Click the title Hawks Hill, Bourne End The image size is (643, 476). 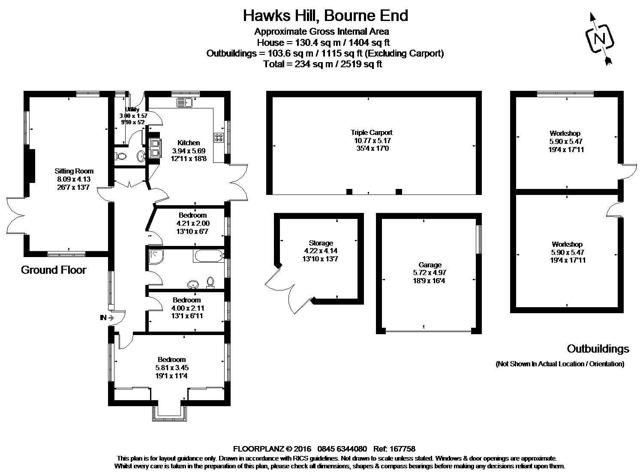point(325,15)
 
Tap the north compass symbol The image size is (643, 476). point(599,39)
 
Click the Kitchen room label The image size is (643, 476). point(189,143)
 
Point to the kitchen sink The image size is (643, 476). point(186,102)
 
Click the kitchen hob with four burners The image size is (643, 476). point(219,138)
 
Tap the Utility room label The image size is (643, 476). point(132,110)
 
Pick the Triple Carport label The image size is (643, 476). point(371,133)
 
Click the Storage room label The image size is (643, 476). point(321,243)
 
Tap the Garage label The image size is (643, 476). point(430,265)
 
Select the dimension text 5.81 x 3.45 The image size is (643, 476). point(172,368)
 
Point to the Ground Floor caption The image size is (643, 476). point(54,270)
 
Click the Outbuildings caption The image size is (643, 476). point(598,349)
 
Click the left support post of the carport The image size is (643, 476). point(349,192)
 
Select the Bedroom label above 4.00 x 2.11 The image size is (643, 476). point(186,300)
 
